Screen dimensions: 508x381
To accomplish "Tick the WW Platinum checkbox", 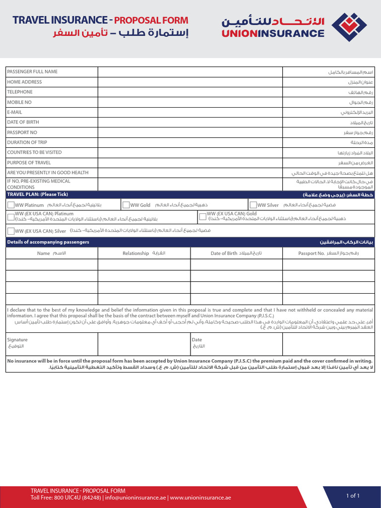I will [x=11, y=205].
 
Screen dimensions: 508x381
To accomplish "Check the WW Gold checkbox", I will [x=126, y=205].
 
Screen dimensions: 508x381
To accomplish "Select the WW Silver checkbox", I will [x=253, y=205].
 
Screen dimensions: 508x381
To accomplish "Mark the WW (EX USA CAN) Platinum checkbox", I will [x=11, y=216].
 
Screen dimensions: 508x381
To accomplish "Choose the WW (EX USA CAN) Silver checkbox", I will [x=11, y=231].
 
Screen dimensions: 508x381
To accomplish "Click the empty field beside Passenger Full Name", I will [x=190, y=72].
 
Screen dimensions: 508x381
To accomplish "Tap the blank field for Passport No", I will [x=190, y=132].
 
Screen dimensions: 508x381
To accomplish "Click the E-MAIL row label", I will [x=14, y=112].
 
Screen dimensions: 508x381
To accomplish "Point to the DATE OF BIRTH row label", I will [x=23, y=122].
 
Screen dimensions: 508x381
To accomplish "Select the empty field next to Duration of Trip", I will [x=190, y=142].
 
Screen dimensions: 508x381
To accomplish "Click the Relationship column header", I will [x=136, y=254].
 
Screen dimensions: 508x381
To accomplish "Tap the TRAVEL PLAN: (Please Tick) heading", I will [x=37, y=194].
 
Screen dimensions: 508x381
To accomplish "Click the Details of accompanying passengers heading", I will [x=48, y=242].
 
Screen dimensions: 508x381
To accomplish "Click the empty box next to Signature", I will [x=144, y=344].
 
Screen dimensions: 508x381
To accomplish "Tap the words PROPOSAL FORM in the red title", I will [x=151, y=20].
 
